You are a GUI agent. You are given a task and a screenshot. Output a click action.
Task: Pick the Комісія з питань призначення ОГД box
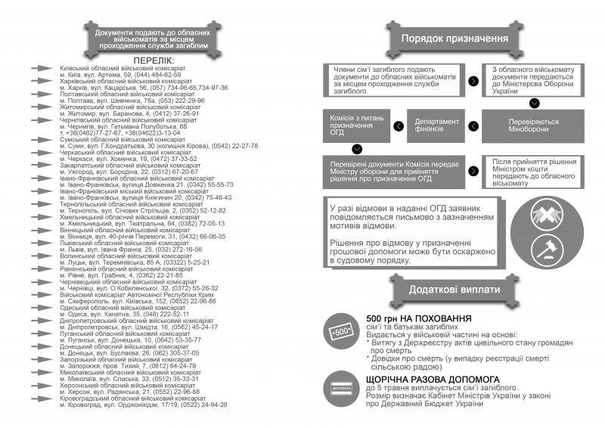357,126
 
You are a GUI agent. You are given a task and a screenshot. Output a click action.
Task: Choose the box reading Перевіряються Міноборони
534,126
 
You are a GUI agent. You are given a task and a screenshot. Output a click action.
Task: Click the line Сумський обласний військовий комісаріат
121,140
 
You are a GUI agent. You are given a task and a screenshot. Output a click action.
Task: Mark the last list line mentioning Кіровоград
144,405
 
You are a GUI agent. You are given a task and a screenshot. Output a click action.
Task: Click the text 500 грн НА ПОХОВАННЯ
413,318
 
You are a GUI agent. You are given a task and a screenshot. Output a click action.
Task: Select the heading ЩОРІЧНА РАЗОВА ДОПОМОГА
432,378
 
